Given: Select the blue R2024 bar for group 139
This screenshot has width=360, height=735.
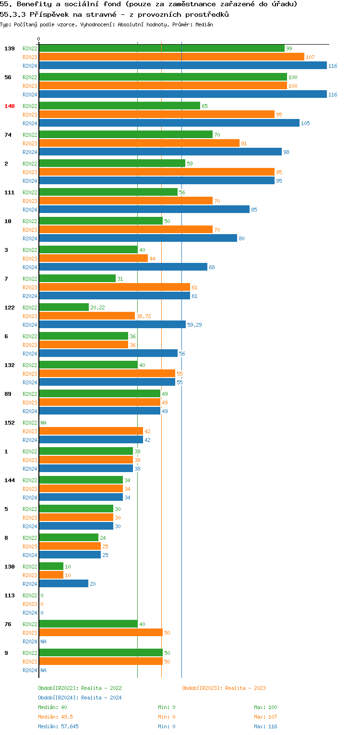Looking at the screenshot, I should [182, 66].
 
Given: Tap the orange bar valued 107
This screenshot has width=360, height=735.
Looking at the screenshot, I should [171, 57].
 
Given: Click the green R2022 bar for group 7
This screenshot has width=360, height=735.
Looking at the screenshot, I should [77, 279].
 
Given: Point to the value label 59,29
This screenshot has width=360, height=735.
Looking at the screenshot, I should [194, 325].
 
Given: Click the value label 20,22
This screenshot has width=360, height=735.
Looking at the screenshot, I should [97, 308].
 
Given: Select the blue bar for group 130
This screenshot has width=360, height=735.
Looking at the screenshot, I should [63, 584].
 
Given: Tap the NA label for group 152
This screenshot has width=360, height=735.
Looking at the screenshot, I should [43, 423].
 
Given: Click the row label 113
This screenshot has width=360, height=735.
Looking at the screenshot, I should [10, 595].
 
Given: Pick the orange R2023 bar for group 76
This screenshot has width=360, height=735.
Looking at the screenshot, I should [101, 633].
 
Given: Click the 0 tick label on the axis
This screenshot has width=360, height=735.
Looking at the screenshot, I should [39, 39].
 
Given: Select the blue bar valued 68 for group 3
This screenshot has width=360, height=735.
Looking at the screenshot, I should [123, 267].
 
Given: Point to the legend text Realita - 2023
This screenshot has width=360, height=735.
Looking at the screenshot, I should [245, 688].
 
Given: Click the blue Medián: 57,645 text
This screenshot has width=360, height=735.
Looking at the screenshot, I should [58, 726].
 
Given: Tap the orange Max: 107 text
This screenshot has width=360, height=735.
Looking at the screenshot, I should [265, 717].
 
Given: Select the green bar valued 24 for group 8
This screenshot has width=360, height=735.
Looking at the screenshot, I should [69, 538].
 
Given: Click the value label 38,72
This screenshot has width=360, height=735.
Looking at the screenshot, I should [144, 316].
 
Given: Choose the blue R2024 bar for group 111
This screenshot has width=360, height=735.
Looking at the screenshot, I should [144, 210].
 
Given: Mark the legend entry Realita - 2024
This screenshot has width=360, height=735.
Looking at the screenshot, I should [101, 698].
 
